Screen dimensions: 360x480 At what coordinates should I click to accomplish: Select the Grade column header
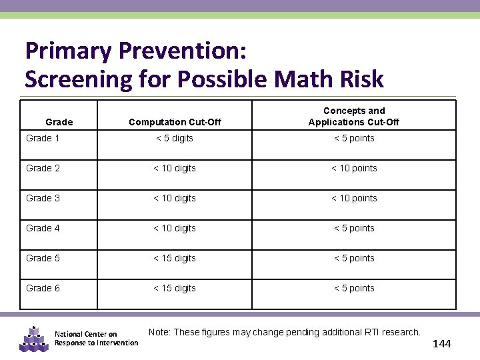click(x=59, y=122)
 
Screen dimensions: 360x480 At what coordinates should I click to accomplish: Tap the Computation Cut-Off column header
click(x=175, y=122)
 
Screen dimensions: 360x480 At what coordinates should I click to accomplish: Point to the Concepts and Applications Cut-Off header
click(x=354, y=116)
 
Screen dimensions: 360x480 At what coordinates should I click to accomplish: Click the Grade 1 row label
click(x=42, y=138)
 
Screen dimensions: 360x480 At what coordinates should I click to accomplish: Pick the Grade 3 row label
click(x=43, y=198)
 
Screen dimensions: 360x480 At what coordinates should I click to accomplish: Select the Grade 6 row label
click(x=43, y=288)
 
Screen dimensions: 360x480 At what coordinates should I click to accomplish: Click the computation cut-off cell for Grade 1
click(x=175, y=138)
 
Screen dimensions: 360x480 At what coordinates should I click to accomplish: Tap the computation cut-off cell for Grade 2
click(x=175, y=168)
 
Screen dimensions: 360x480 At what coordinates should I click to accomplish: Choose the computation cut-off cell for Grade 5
click(x=175, y=258)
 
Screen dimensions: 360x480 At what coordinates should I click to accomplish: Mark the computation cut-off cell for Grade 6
click(x=175, y=288)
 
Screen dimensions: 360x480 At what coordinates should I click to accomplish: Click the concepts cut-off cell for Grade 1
click(x=354, y=138)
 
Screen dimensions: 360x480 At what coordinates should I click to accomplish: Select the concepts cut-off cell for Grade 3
click(x=354, y=198)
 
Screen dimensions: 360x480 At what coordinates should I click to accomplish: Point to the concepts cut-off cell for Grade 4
click(x=354, y=228)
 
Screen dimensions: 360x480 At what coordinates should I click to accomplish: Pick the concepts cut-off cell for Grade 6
click(x=354, y=288)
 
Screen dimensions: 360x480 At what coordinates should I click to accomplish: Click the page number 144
click(x=441, y=344)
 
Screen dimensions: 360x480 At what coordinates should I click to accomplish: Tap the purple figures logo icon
click(x=33, y=339)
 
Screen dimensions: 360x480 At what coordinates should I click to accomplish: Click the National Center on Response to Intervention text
click(x=96, y=339)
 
